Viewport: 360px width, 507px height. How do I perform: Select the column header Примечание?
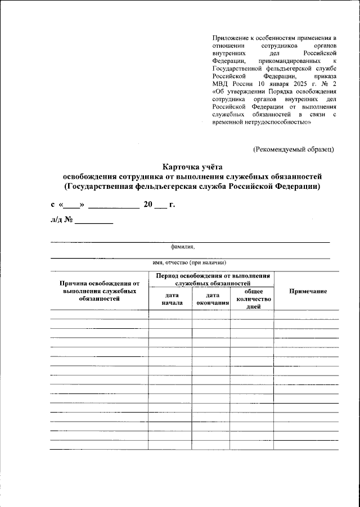(308, 291)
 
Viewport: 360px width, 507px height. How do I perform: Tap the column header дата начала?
(170, 298)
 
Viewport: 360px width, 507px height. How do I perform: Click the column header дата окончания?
(212, 298)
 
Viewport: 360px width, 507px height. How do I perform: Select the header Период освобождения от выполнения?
(212, 279)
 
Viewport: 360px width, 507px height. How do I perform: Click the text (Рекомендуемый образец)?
(294, 149)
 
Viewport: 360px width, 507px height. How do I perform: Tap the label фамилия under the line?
(183, 246)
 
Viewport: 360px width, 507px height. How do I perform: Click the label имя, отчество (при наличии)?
(189, 262)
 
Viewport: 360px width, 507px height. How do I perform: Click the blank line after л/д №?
(94, 221)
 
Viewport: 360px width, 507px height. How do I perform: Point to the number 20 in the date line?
(148, 204)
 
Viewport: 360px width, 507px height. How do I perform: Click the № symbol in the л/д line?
(69, 220)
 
